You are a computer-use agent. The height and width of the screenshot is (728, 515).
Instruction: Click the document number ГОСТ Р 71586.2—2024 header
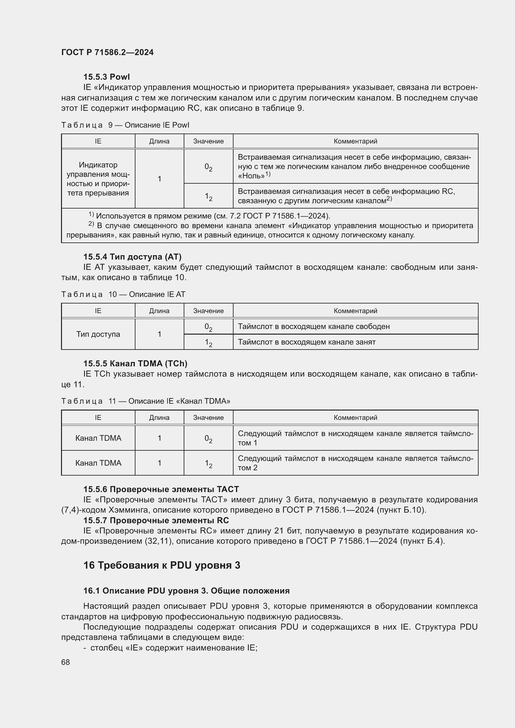(x=107, y=52)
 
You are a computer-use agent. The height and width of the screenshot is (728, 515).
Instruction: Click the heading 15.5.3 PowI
(x=106, y=77)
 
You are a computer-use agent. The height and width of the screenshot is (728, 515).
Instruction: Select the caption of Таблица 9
(x=125, y=125)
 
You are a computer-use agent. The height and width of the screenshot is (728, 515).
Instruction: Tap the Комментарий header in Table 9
(x=355, y=141)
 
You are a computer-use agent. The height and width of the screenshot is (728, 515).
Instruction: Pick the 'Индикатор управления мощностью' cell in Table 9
(x=98, y=179)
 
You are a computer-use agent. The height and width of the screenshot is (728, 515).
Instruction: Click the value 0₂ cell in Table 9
(x=208, y=167)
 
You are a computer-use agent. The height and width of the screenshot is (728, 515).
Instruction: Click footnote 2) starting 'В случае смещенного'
(x=270, y=230)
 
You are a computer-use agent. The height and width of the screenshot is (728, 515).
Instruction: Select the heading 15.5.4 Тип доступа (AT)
(x=132, y=256)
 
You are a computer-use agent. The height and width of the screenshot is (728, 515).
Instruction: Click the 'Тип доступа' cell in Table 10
(x=98, y=334)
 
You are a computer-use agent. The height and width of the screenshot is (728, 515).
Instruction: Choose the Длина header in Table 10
(x=159, y=311)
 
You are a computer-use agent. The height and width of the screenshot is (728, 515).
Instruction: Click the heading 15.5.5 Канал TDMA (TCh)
(x=135, y=363)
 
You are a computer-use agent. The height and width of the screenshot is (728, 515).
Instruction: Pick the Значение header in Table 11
(x=208, y=418)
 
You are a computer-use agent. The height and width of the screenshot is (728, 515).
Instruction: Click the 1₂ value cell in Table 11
(x=208, y=463)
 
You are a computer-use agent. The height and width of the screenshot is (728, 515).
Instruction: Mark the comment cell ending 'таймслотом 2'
(x=355, y=463)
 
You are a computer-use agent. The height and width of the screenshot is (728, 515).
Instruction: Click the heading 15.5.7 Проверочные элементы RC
(x=156, y=521)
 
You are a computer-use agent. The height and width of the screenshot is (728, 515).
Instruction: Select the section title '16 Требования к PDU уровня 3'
(x=162, y=565)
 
